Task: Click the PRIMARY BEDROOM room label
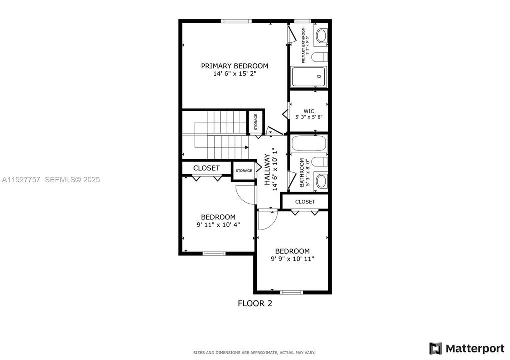234,66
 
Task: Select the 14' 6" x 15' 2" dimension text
234,74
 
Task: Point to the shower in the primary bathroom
309,77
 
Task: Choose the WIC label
309,111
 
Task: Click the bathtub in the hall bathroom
308,144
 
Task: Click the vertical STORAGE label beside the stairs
256,122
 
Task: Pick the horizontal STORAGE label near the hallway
244,171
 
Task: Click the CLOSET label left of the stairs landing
207,168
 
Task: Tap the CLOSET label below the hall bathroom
305,202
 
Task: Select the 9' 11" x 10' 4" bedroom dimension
218,225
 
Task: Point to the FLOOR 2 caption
254,303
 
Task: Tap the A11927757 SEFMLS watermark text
50,179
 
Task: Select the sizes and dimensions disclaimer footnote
254,352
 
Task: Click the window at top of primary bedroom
236,21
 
